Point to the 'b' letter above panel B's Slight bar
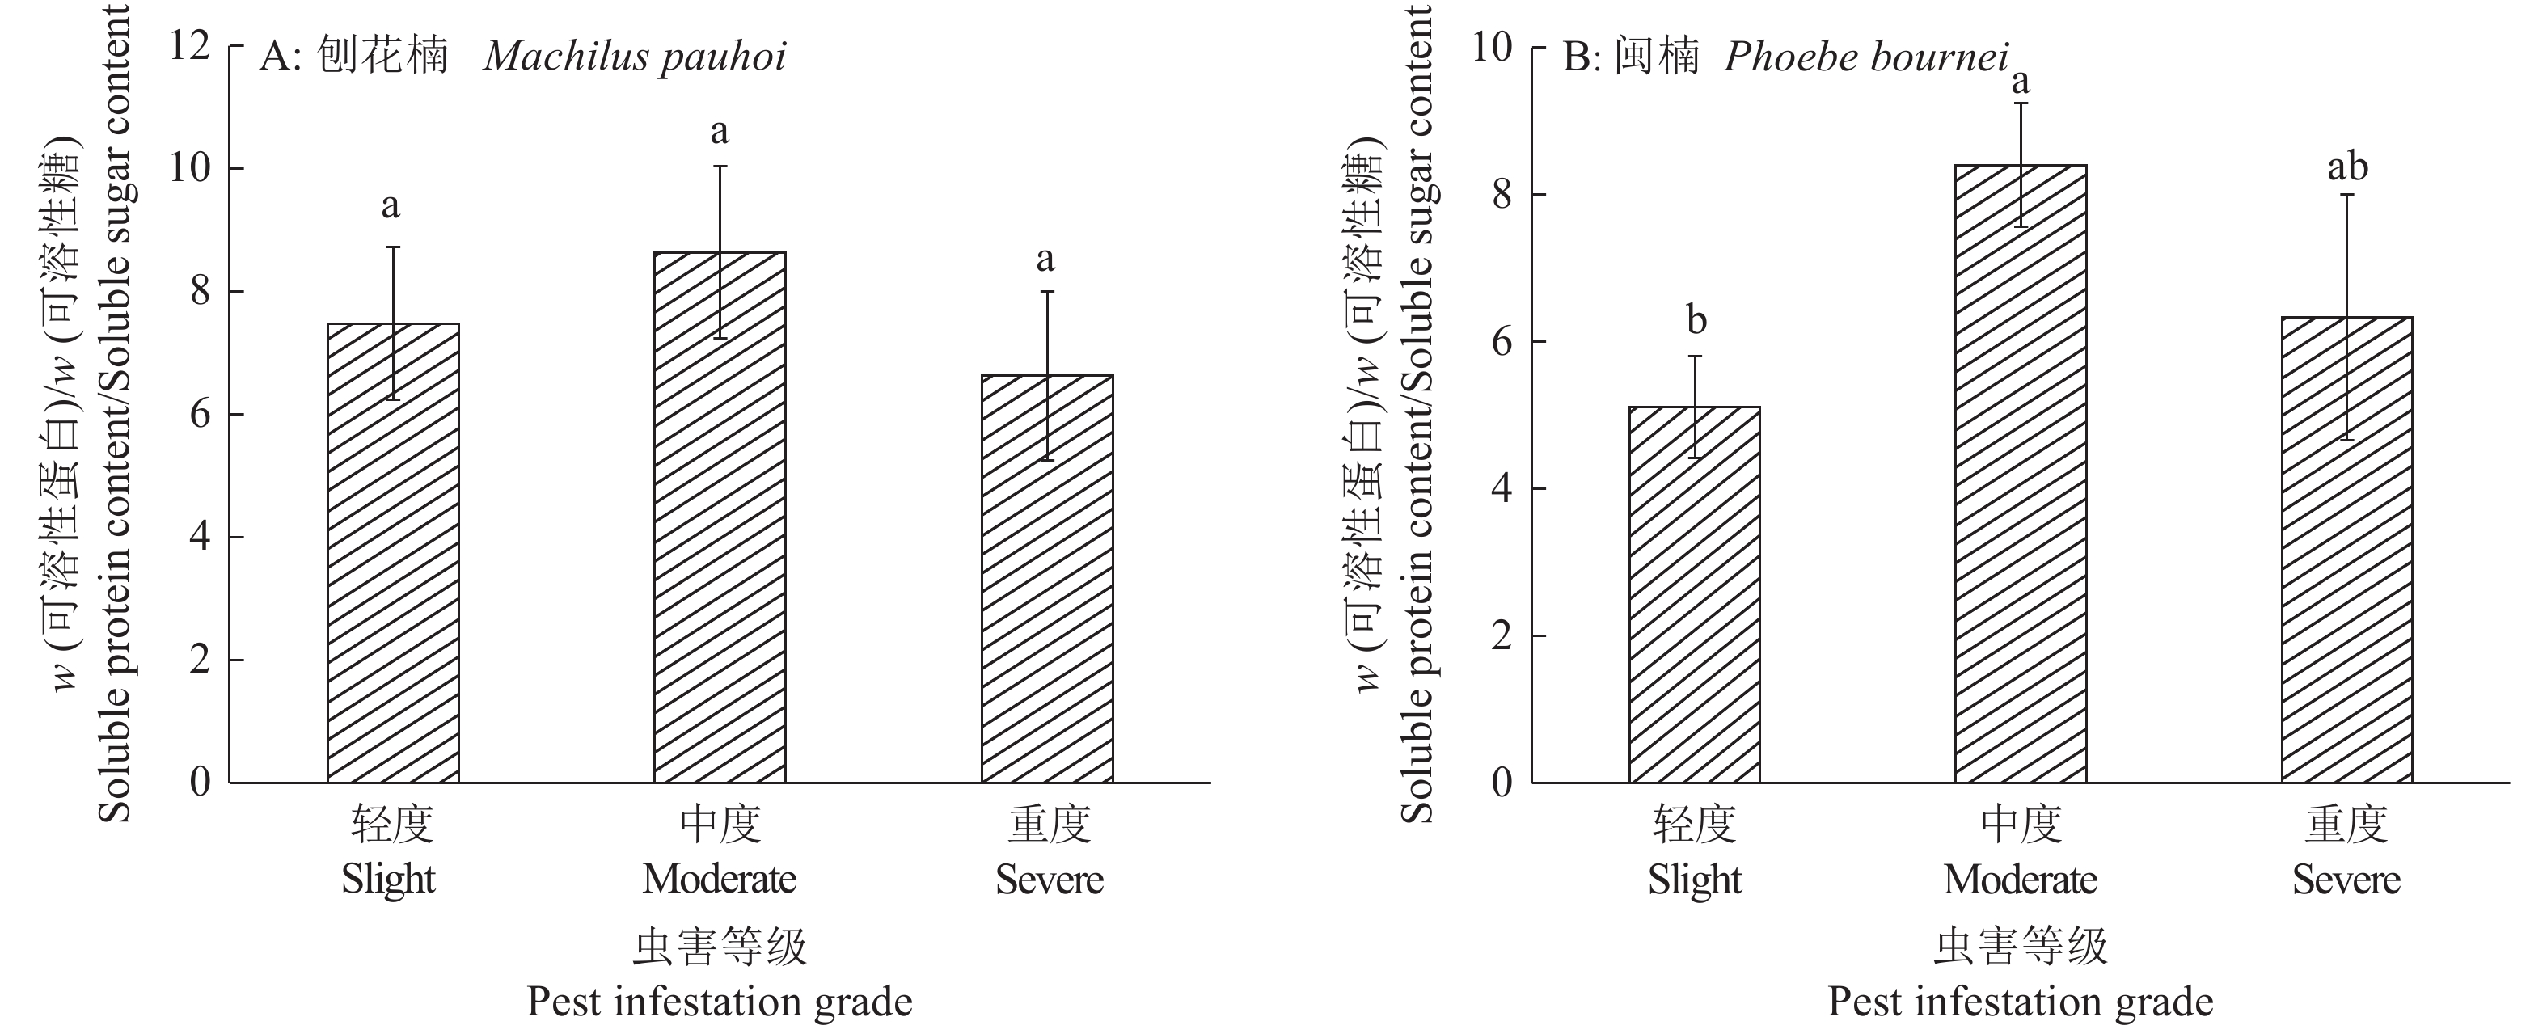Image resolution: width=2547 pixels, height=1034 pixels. [1696, 320]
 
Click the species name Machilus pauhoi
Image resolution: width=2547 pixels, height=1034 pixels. [635, 57]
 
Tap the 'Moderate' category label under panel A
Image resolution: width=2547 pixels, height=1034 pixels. [720, 879]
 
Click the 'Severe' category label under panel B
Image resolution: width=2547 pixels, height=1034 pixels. [2346, 879]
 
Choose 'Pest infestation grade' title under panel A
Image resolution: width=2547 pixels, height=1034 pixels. [720, 1002]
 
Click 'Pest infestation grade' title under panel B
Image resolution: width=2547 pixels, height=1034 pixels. [2020, 1002]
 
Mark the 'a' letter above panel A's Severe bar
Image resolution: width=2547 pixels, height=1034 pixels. [1045, 260]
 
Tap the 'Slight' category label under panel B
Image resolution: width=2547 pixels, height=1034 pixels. [1695, 879]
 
